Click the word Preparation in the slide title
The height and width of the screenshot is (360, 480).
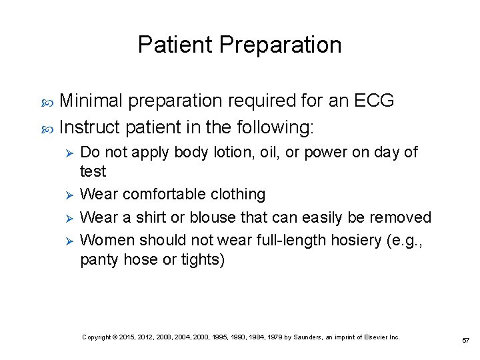pyautogui.click(x=280, y=45)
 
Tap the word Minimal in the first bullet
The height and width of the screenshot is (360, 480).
pyautogui.click(x=91, y=101)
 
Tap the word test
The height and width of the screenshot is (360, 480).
pyautogui.click(x=93, y=172)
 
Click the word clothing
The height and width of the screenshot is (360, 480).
pyautogui.click(x=238, y=195)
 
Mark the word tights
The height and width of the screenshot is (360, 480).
pyautogui.click(x=203, y=260)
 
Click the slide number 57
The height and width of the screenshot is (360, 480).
pyautogui.click(x=465, y=340)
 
